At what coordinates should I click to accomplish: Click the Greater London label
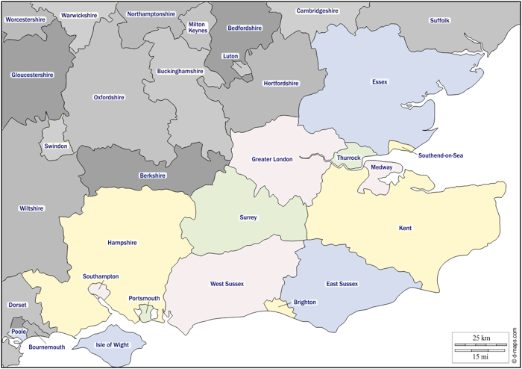tap(272, 159)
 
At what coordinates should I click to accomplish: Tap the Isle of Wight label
tap(113, 344)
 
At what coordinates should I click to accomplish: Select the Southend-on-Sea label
tap(441, 155)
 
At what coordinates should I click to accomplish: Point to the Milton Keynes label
tap(198, 28)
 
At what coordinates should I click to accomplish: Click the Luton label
tap(230, 56)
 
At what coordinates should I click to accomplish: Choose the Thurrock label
tap(349, 158)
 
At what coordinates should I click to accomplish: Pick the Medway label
tap(382, 167)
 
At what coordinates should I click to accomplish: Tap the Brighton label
tap(305, 303)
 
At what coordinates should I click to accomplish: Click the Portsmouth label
tap(145, 299)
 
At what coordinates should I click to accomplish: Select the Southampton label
tap(101, 276)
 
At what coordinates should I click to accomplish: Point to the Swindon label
tap(56, 146)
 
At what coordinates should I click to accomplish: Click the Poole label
tap(19, 332)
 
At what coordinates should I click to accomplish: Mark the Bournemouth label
tap(47, 347)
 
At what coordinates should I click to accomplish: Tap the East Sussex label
tap(342, 284)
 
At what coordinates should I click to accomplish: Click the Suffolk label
tap(440, 20)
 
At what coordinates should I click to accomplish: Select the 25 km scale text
tap(481, 338)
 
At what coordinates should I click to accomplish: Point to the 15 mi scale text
tap(481, 356)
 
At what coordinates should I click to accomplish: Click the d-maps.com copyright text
tap(515, 347)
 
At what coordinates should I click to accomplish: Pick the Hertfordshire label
tap(281, 84)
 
